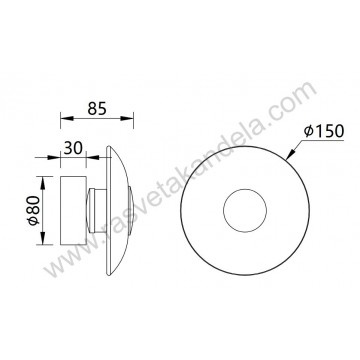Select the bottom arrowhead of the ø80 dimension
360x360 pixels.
(44, 246)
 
